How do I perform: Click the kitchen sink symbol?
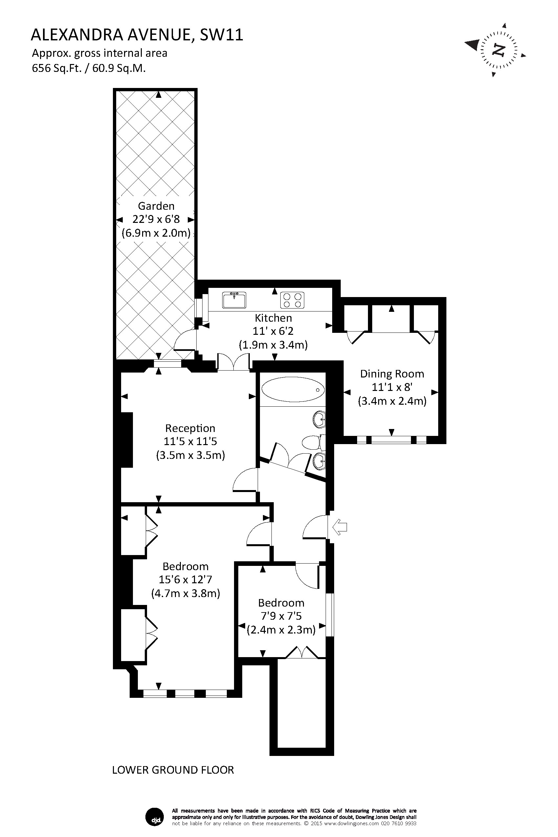(234, 300)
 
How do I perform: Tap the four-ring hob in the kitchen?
(292, 300)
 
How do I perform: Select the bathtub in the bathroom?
(293, 389)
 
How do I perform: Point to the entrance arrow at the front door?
(339, 527)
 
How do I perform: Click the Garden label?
(156, 206)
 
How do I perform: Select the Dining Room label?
(392, 374)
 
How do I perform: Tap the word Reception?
(190, 428)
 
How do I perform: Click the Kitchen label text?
(273, 318)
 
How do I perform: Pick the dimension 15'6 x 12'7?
(185, 580)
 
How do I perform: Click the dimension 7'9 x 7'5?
(281, 616)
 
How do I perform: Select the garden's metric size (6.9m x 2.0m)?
(156, 233)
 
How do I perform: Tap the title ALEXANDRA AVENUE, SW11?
(137, 35)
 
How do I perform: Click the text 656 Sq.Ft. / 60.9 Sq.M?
(89, 68)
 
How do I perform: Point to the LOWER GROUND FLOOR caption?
(173, 770)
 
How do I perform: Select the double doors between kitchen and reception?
(233, 362)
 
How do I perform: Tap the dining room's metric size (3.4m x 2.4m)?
(392, 401)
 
